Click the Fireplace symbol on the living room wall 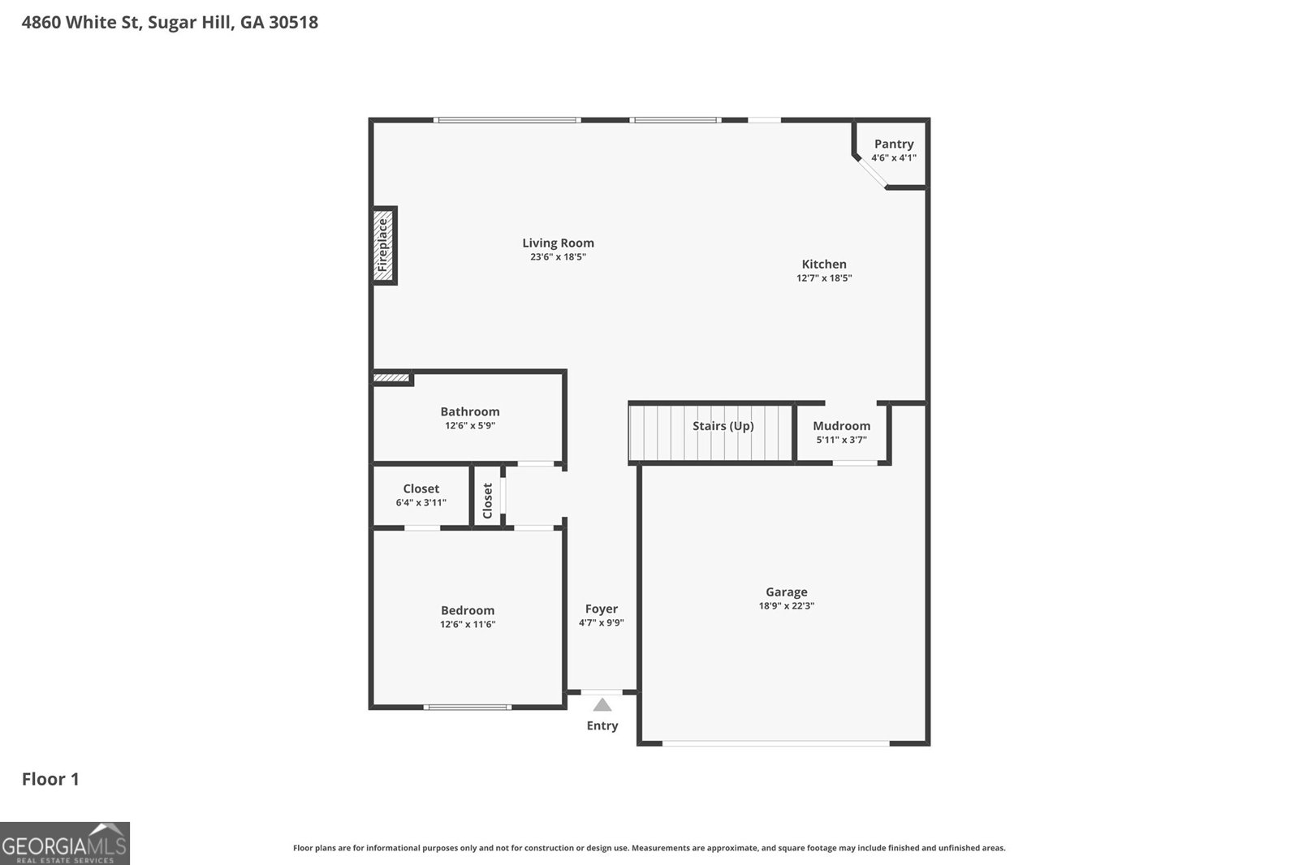(383, 245)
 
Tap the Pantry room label (893, 144)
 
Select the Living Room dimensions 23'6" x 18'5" (558, 257)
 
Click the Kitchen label (823, 264)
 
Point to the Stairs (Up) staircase (710, 433)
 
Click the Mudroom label (841, 425)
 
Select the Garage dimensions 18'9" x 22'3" (786, 606)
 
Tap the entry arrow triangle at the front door (602, 705)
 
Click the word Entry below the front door (602, 725)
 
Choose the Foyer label (601, 609)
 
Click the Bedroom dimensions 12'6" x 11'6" (468, 625)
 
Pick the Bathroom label (469, 411)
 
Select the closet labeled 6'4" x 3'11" (421, 495)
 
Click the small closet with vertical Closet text (487, 501)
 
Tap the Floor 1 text (50, 779)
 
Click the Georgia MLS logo (64, 843)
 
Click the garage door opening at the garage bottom (775, 742)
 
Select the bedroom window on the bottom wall (468, 707)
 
